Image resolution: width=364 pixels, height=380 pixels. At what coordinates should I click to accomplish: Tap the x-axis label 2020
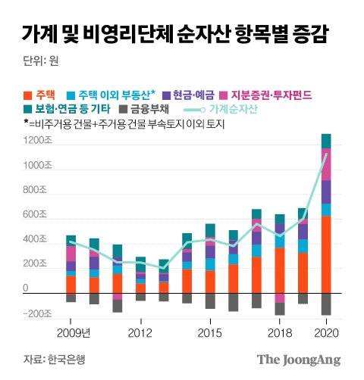point(325,333)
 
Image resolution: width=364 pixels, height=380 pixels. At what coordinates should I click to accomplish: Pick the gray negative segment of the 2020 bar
point(325,304)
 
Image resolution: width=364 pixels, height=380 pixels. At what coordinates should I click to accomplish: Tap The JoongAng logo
point(299,359)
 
